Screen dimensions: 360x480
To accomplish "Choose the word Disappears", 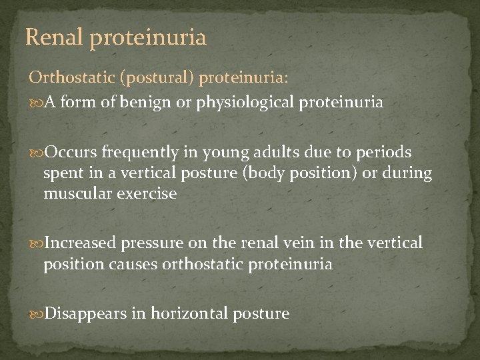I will coord(87,313).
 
